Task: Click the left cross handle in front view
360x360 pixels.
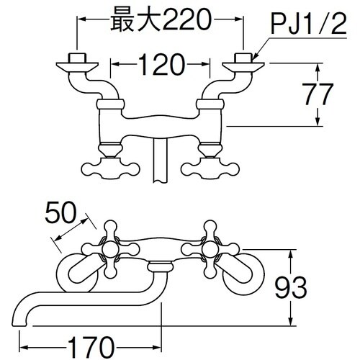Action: coord(112,249)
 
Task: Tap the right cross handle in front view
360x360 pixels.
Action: coord(212,249)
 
